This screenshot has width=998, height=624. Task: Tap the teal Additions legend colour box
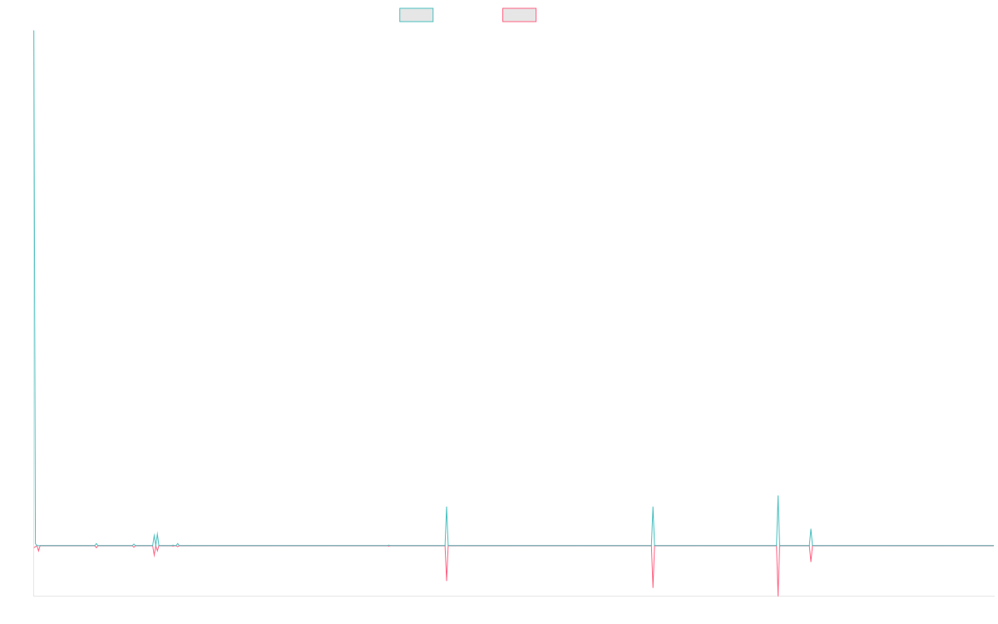(417, 15)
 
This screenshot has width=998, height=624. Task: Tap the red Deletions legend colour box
(520, 15)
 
